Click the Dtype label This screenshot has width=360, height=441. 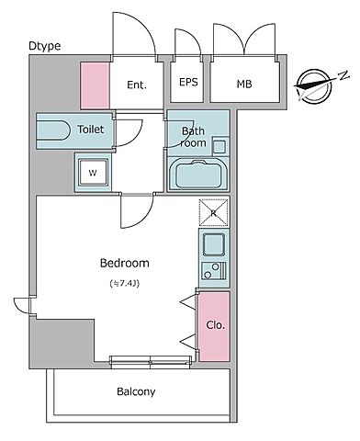click(45, 46)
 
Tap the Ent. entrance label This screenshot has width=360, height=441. click(137, 85)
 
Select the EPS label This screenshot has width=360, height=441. click(188, 82)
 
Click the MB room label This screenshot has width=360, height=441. click(244, 84)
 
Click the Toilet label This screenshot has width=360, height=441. click(91, 130)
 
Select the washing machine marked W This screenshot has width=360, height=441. click(93, 173)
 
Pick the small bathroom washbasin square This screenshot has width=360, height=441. click(219, 147)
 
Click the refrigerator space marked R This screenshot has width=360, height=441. click(214, 212)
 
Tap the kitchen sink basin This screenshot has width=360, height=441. click(214, 244)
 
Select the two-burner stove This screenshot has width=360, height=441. click(214, 271)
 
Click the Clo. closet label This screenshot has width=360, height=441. click(216, 325)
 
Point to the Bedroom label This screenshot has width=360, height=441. click(125, 263)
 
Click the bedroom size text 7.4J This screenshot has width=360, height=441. click(125, 284)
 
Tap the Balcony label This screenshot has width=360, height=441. click(136, 391)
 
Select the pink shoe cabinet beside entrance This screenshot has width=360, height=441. click(95, 85)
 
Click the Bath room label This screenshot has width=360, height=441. click(193, 137)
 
